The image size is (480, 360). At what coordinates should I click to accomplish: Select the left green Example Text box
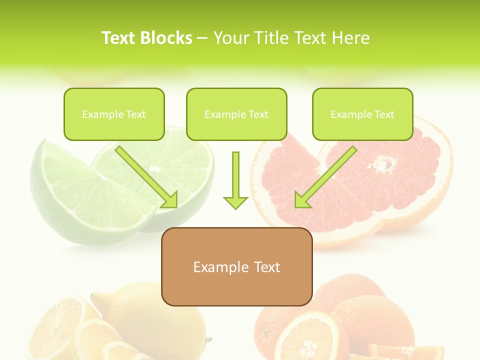[x=114, y=114]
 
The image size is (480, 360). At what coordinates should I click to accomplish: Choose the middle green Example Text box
[x=236, y=114]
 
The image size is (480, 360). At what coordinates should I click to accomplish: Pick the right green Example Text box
[x=362, y=114]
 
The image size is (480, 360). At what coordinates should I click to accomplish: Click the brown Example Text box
[x=236, y=266]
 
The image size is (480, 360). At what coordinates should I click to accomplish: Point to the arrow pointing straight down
[x=235, y=180]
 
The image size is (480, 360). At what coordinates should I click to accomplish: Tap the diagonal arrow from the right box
[x=325, y=177]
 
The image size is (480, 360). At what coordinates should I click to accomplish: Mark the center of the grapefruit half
[x=384, y=163]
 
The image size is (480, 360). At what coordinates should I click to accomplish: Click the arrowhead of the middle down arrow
[x=235, y=201]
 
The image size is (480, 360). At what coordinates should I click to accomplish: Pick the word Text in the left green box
[x=136, y=114]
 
